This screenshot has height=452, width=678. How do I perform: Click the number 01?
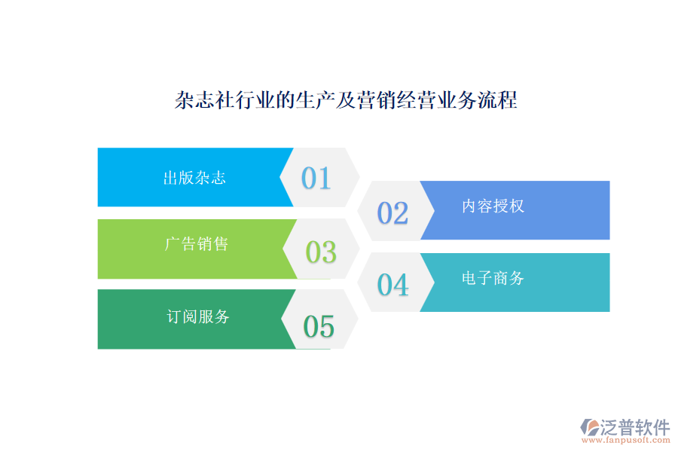click(316, 178)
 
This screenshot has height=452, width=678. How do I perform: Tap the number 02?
click(392, 213)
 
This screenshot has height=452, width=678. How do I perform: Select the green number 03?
click(321, 252)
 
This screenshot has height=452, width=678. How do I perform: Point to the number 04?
click(392, 285)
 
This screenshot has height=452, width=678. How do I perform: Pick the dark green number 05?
click(318, 327)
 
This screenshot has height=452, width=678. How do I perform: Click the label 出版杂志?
click(194, 179)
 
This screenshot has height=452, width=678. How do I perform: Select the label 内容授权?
click(493, 206)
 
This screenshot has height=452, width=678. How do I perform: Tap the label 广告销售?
click(196, 244)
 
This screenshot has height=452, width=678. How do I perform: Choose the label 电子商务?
click(493, 279)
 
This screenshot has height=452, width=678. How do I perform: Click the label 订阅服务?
click(197, 317)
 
